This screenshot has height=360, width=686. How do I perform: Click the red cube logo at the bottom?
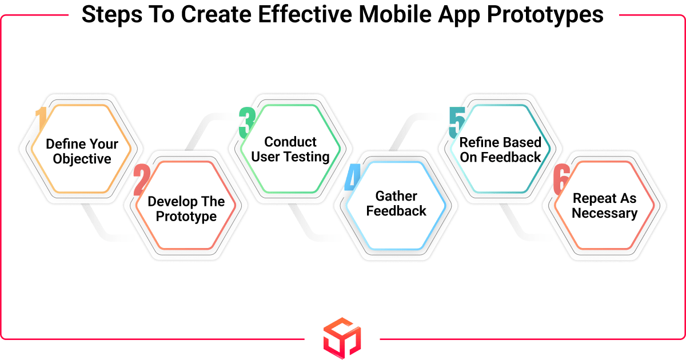coord(342,338)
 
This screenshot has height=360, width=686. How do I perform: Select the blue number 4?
coord(351,179)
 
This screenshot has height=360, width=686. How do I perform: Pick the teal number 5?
coord(457,122)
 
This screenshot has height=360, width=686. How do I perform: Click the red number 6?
coord(561,180)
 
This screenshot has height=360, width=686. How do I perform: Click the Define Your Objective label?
coord(82,151)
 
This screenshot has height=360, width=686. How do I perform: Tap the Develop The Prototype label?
coord(186,209)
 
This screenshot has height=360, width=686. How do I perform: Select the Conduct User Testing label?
coord(290,149)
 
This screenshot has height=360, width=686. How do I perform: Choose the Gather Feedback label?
coord(396,204)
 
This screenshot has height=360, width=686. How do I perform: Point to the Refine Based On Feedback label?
coord(500,150)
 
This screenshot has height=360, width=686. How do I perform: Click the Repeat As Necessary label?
coord(604,206)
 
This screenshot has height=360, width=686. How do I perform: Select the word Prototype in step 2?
coord(186,217)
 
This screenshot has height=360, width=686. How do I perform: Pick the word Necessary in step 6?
coord(604,213)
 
